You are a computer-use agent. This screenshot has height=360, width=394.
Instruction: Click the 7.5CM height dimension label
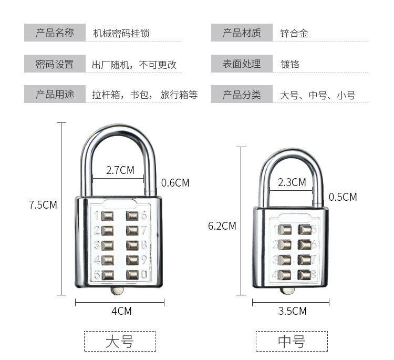pos(43,205)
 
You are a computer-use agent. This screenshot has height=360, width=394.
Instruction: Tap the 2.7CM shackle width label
pos(120,170)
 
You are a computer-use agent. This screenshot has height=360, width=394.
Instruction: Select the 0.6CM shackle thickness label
pos(175,183)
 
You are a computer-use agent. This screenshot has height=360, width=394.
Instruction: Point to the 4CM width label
pos(121,311)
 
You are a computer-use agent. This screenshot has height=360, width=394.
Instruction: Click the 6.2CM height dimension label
pos(222,226)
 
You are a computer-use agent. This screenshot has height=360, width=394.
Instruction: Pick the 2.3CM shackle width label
pos(292,182)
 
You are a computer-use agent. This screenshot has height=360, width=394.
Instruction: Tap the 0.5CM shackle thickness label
pos(343,197)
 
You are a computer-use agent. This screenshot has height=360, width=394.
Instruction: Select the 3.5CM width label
pos(292,311)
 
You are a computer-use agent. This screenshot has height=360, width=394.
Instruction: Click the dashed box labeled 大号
pos(120,341)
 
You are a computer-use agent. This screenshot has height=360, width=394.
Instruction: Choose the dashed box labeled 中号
pos(292,341)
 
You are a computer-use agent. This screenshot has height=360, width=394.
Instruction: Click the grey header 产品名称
pos(55,33)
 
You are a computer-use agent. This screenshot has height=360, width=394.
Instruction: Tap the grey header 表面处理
pos(242,64)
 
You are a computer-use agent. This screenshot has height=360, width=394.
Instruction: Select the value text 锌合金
pos(294,34)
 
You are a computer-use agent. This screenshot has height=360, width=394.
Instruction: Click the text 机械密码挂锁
pos(121,34)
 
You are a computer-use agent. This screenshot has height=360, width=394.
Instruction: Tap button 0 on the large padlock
pos(133,275)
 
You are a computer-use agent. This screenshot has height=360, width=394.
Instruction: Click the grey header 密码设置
pos(55,64)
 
